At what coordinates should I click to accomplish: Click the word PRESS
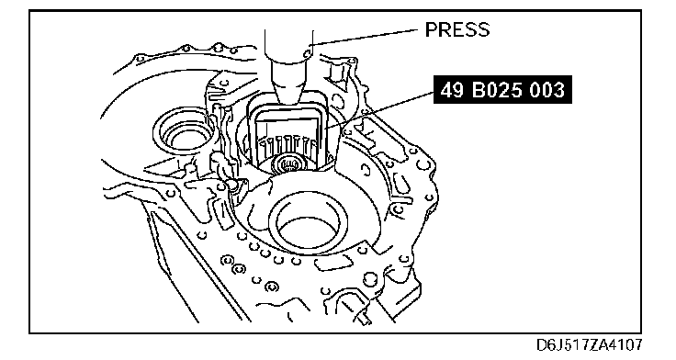pyautogui.click(x=457, y=29)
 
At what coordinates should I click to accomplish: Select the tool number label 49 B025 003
pyautogui.click(x=502, y=90)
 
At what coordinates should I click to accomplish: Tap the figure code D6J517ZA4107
pyautogui.click(x=590, y=345)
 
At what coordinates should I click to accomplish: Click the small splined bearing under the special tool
pyautogui.click(x=287, y=164)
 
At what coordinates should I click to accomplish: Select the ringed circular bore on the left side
pyautogui.click(x=183, y=133)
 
